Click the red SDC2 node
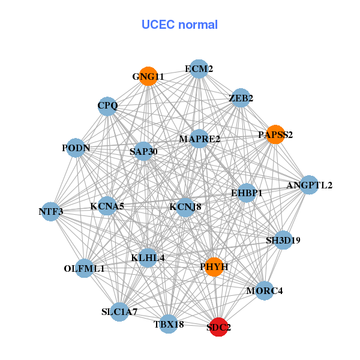click(219, 328)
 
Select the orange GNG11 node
click(148, 77)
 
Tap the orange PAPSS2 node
click(275, 134)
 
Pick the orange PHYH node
click(214, 266)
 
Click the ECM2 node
click(199, 69)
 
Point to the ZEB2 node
click(241, 98)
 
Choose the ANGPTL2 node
click(309, 185)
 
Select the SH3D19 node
click(283, 241)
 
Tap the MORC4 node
click(264, 291)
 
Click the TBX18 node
click(169, 325)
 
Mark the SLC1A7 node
click(119, 312)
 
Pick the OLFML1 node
click(85, 268)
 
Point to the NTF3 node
click(51, 211)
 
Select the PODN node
click(76, 148)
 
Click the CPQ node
click(108, 106)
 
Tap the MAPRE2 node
click(199, 139)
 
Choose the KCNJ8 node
click(185, 207)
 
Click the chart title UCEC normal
click(179, 25)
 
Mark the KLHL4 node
click(148, 258)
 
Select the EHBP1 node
click(247, 193)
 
